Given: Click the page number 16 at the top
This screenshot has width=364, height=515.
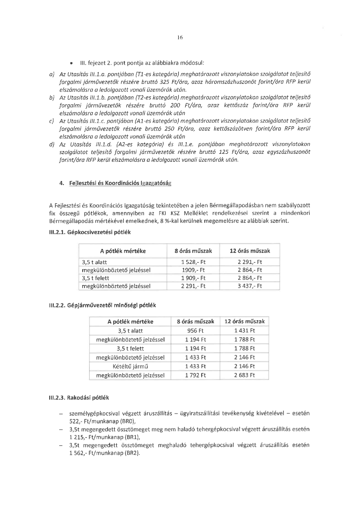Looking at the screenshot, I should pyautogui.click(x=180, y=38).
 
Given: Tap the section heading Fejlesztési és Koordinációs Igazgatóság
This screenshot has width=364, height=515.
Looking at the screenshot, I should pyautogui.click(x=120, y=183).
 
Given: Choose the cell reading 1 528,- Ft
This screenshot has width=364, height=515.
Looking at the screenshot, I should pyautogui.click(x=193, y=262).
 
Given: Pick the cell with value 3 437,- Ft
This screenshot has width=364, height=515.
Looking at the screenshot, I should pyautogui.click(x=250, y=286).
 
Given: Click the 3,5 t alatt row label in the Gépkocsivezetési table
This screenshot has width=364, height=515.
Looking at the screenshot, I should pyautogui.click(x=94, y=262).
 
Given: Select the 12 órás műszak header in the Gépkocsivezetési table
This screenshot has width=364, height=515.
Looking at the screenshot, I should pyautogui.click(x=250, y=251).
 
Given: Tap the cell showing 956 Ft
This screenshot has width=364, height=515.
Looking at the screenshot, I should pyautogui.click(x=196, y=331).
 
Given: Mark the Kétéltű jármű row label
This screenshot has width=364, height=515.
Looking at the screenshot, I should pyautogui.click(x=131, y=366).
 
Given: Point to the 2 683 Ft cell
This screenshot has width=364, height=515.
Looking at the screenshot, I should pyautogui.click(x=245, y=375).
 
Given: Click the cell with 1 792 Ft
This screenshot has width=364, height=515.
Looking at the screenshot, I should pyautogui.click(x=196, y=375).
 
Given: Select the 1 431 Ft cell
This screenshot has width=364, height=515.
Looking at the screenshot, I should pyautogui.click(x=245, y=331).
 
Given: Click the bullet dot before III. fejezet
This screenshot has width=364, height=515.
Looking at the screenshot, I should pyautogui.click(x=71, y=63).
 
